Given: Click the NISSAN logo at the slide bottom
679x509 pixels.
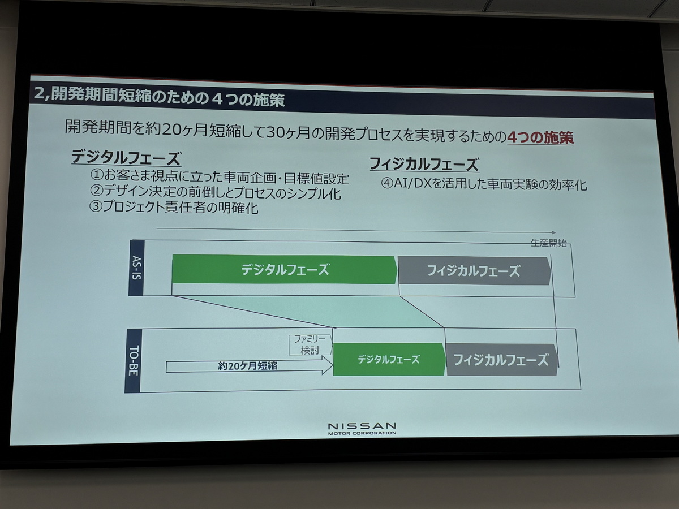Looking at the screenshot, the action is (362, 429).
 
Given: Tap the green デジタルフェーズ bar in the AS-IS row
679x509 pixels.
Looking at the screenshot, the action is (284, 269).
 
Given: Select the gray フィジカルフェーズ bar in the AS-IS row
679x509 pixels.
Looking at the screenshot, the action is (474, 271).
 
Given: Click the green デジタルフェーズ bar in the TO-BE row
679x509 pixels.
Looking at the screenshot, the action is (389, 359).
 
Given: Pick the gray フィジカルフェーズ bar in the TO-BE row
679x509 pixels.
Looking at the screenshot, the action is (502, 360).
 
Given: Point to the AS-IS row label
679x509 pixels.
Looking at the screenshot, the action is (137, 268).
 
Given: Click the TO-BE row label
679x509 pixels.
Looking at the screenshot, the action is (133, 360).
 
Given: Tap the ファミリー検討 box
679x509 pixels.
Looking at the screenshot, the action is (310, 344).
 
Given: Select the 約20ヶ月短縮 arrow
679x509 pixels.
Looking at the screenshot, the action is (250, 365).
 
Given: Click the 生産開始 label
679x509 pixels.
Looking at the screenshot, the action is (549, 243).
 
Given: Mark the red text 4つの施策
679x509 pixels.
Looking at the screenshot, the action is (540, 137).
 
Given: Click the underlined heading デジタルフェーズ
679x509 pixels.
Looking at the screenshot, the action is (126, 158).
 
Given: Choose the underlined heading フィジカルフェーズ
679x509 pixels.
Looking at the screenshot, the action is (424, 164).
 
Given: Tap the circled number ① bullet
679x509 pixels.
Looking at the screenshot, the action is (97, 175).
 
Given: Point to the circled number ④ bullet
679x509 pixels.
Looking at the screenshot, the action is (387, 184).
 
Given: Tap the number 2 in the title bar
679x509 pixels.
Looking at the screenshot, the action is (38, 93).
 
